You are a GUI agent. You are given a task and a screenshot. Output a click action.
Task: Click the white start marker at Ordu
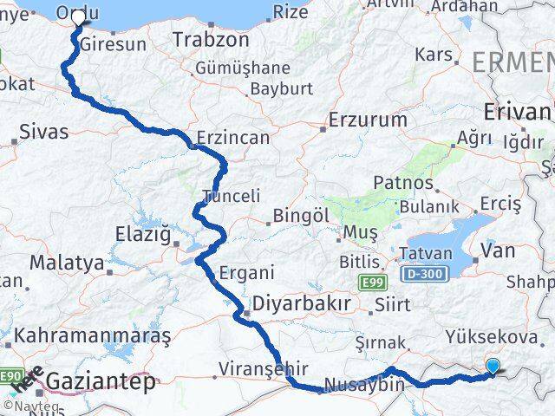79,23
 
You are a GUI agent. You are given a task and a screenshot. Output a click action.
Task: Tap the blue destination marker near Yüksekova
493,367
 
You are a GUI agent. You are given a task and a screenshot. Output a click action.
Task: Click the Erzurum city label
368,120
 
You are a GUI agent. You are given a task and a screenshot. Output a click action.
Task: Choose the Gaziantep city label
101,381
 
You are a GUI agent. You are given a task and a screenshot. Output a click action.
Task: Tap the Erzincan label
232,138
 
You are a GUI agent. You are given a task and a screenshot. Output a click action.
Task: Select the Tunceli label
231,196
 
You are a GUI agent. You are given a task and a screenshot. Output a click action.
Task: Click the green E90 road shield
11,374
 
